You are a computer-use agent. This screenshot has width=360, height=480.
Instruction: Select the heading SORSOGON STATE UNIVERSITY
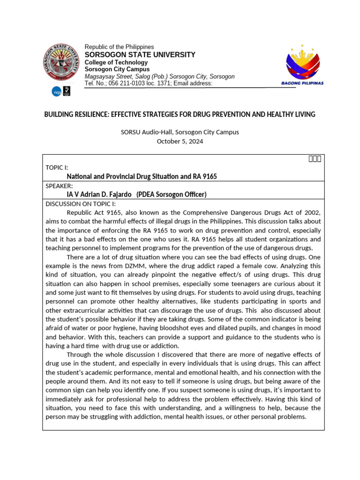pyautogui.click(x=140, y=55)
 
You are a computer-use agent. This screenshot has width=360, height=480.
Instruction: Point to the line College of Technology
pyautogui.click(x=116, y=62)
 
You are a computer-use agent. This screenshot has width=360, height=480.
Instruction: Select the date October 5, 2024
pyautogui.click(x=180, y=141)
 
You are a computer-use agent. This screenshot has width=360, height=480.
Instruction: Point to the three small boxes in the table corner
pyautogui.click(x=314, y=159)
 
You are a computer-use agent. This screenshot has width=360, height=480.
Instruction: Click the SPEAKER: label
pyautogui.click(x=59, y=186)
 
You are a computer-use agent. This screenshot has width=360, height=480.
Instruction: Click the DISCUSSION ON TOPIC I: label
pyautogui.click(x=80, y=203)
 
